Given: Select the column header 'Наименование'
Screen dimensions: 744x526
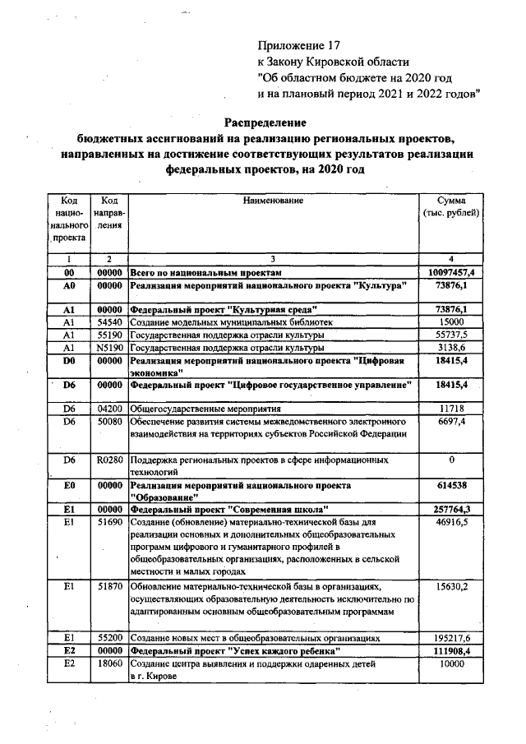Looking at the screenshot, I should coord(273,201).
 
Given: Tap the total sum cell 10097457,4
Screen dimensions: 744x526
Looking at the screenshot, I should coord(451,271).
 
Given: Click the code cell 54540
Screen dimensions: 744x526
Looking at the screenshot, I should coord(108,322).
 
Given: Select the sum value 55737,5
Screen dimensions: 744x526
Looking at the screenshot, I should coord(451,335).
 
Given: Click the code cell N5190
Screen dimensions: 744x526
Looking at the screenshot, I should coord(108,348).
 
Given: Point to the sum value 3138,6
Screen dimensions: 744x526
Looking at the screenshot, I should coord(451,348).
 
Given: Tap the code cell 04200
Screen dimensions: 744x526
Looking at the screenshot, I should coord(108,408).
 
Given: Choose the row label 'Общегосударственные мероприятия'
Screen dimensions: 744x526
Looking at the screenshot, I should coord(206,408).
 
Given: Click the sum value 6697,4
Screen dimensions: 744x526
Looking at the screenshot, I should coord(451,421).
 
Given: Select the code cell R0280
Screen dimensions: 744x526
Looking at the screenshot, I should coord(108,460).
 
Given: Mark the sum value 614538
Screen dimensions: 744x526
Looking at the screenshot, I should coord(451,486).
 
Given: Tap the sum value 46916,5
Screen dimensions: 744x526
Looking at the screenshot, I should coord(451,522).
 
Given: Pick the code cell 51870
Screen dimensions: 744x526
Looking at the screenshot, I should coord(108,585).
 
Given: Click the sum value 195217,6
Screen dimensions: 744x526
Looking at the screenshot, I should coord(451,637).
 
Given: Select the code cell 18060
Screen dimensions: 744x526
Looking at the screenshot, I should coord(108,663).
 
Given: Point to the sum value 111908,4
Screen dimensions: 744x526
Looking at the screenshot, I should coord(451,650).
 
